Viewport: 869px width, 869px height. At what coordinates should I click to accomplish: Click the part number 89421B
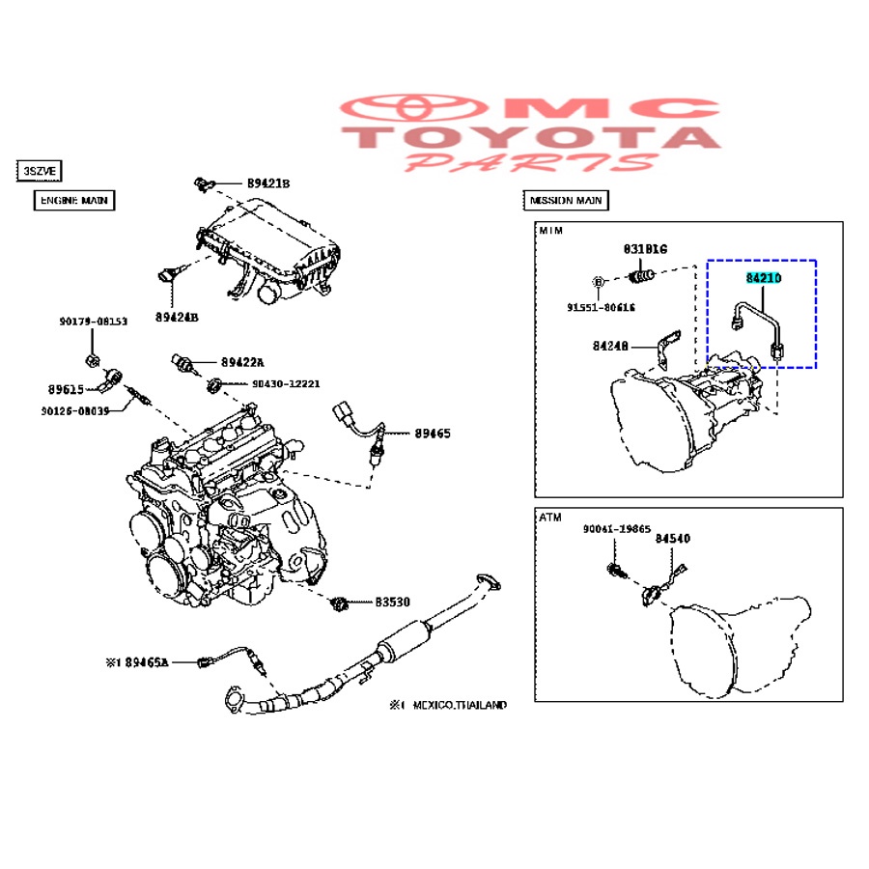click(x=267, y=182)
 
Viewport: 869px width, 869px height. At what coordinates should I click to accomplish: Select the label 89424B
click(x=176, y=316)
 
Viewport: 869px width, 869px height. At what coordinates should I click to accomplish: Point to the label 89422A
click(x=242, y=362)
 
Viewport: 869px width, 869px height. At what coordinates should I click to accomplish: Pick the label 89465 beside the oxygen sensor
click(x=433, y=434)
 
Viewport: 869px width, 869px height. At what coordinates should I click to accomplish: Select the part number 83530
click(x=393, y=602)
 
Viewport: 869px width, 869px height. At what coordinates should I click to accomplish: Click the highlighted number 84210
click(x=763, y=278)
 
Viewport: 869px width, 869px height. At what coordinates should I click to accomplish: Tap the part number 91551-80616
click(x=601, y=307)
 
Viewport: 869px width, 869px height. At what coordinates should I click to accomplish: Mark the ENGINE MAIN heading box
click(x=74, y=201)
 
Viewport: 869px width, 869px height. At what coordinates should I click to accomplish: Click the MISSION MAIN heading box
click(x=566, y=201)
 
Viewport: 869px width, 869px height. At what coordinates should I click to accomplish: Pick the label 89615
click(x=65, y=389)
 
